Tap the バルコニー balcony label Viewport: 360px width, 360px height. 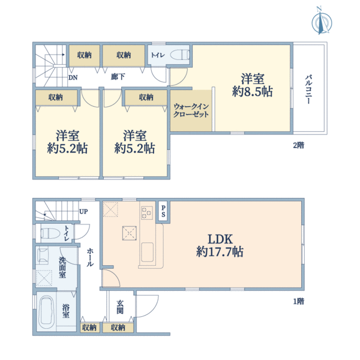tap(308, 90)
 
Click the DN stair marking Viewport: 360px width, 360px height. tap(73, 77)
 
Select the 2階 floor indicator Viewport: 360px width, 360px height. tap(298, 145)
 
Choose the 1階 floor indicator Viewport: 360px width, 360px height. tap(299, 302)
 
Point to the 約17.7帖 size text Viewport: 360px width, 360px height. tap(220, 252)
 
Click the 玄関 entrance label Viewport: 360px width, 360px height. tap(120, 307)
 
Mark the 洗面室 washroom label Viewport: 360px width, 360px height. tap(62, 268)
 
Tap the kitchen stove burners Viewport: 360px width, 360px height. tap(147, 212)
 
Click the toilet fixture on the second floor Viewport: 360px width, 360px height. tap(179, 55)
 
